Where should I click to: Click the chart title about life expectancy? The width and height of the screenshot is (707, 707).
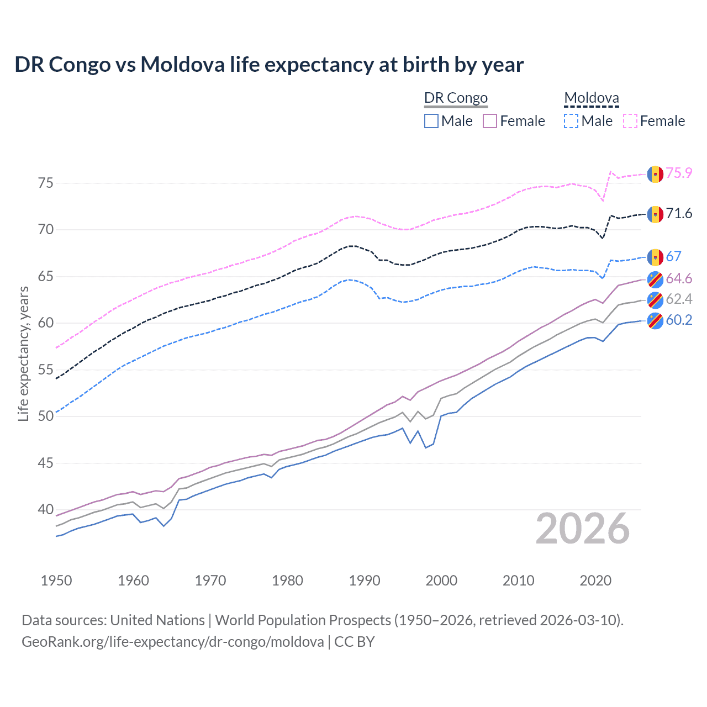(269, 65)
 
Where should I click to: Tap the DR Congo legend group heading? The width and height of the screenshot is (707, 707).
(456, 98)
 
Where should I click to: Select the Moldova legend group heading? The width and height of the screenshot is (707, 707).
(592, 98)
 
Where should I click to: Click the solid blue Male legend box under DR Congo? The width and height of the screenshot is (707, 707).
(431, 121)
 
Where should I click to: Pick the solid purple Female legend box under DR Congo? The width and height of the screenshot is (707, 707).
(490, 121)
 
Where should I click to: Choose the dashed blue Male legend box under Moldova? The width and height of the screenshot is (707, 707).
(571, 121)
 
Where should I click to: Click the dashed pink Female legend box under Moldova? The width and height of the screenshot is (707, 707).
(630, 121)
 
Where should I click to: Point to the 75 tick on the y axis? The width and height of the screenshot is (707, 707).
(46, 183)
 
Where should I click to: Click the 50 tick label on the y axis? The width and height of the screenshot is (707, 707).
(46, 416)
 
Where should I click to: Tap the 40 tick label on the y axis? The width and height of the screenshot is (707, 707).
(46, 509)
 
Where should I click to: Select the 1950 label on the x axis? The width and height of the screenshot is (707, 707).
(56, 581)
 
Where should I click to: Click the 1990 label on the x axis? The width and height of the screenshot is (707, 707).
(365, 581)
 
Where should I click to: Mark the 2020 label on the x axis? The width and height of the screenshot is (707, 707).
(595, 581)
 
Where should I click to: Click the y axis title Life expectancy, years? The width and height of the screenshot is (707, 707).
(23, 353)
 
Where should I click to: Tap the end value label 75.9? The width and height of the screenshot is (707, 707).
(679, 173)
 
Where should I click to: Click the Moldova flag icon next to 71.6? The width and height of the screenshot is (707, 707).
(655, 214)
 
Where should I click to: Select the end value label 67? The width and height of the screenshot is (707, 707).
(674, 256)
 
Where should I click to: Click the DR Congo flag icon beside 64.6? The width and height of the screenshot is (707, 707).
(655, 279)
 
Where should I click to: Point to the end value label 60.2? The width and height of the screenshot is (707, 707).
(679, 320)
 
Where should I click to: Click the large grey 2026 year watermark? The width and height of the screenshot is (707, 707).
(583, 529)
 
